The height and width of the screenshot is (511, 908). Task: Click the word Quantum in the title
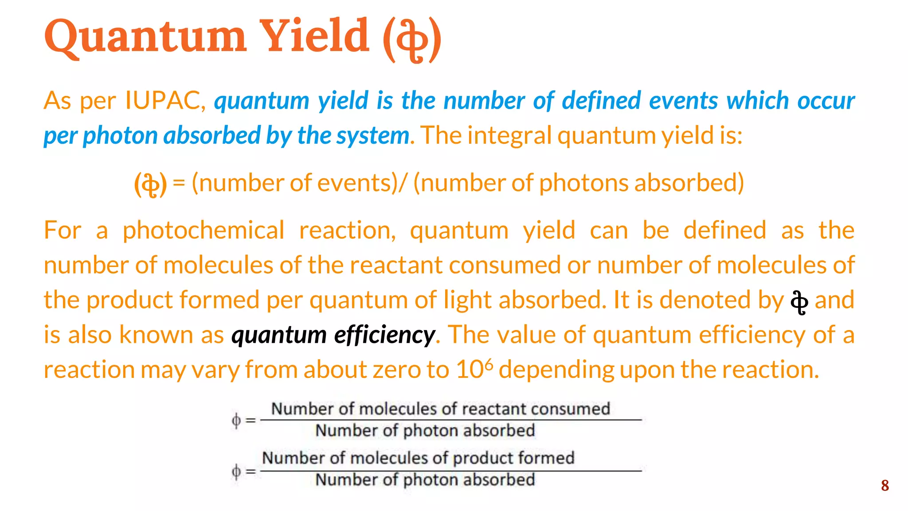pos(145,36)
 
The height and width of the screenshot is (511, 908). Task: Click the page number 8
pos(885,486)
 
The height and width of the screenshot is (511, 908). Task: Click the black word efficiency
pos(384,335)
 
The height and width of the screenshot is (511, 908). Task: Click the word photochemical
pos(204,231)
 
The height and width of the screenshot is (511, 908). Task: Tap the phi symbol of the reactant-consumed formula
pos(237,420)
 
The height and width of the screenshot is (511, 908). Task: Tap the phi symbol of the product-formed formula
pos(237,471)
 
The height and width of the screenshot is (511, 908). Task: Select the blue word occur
pos(826,101)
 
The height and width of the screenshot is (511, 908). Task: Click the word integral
pos(509,136)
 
